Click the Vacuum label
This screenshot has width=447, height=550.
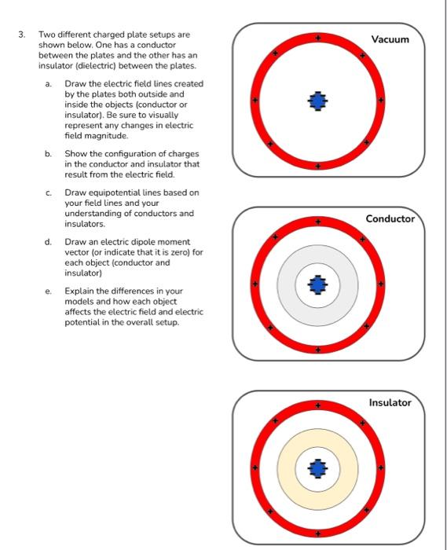click(x=390, y=38)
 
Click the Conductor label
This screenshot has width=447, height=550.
click(x=390, y=218)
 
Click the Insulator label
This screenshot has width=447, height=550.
click(x=390, y=402)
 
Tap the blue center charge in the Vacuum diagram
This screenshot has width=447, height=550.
click(x=317, y=101)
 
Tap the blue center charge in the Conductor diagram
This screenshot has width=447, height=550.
click(x=317, y=284)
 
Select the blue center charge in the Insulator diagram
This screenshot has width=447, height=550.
click(x=317, y=468)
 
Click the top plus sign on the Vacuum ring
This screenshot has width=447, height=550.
click(x=317, y=37)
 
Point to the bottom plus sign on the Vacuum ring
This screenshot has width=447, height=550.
click(x=317, y=166)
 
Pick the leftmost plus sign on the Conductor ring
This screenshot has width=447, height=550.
click(x=254, y=284)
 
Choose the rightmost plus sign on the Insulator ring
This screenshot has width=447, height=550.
click(x=381, y=469)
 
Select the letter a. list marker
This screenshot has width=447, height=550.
click(x=48, y=83)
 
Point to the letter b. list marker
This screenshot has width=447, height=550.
click(x=48, y=153)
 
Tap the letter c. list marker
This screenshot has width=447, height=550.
click(x=48, y=192)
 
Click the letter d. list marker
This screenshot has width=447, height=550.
click(x=48, y=241)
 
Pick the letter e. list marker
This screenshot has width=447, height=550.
click(x=48, y=291)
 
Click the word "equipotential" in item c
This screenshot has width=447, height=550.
click(x=106, y=192)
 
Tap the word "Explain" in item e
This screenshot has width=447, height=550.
click(x=79, y=291)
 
